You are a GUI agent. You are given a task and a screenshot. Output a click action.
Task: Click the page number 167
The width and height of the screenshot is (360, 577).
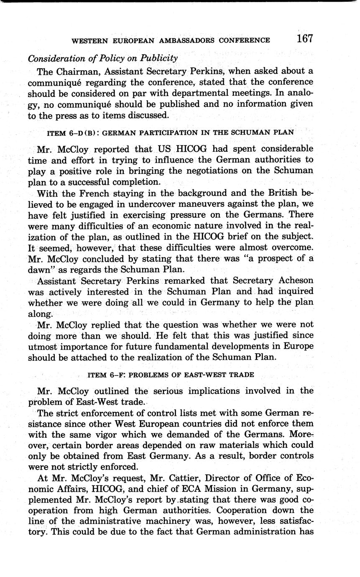305,39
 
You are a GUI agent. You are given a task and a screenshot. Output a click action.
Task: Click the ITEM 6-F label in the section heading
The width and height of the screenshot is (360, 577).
105,374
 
